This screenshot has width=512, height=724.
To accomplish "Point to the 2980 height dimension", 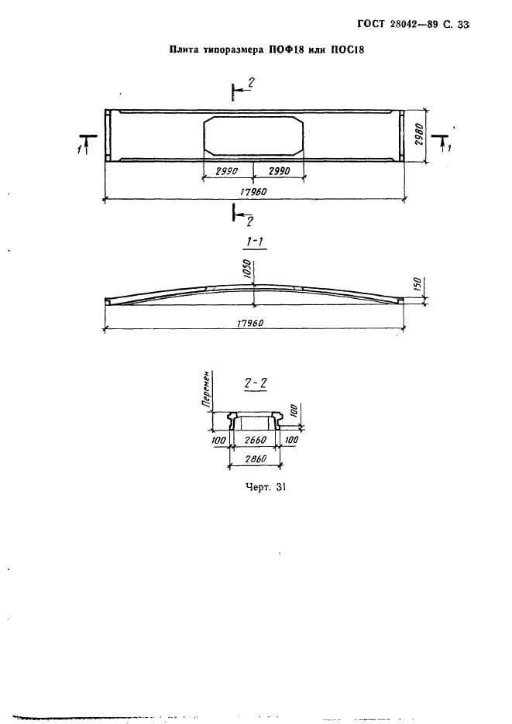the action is point(419,136).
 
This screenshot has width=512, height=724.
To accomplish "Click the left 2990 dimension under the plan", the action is point(227,171).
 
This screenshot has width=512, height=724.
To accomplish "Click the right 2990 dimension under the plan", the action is point(279,171).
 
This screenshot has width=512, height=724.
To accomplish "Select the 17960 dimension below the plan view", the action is point(253,191).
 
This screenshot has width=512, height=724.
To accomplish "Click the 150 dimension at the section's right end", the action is point(417,284).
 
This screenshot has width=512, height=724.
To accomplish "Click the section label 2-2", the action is point(256,383).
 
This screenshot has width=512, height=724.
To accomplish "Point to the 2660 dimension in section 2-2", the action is point(256,440).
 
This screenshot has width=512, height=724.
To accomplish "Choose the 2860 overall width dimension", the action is point(256,459).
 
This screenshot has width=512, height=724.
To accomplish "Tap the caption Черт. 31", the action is point(266,487).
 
